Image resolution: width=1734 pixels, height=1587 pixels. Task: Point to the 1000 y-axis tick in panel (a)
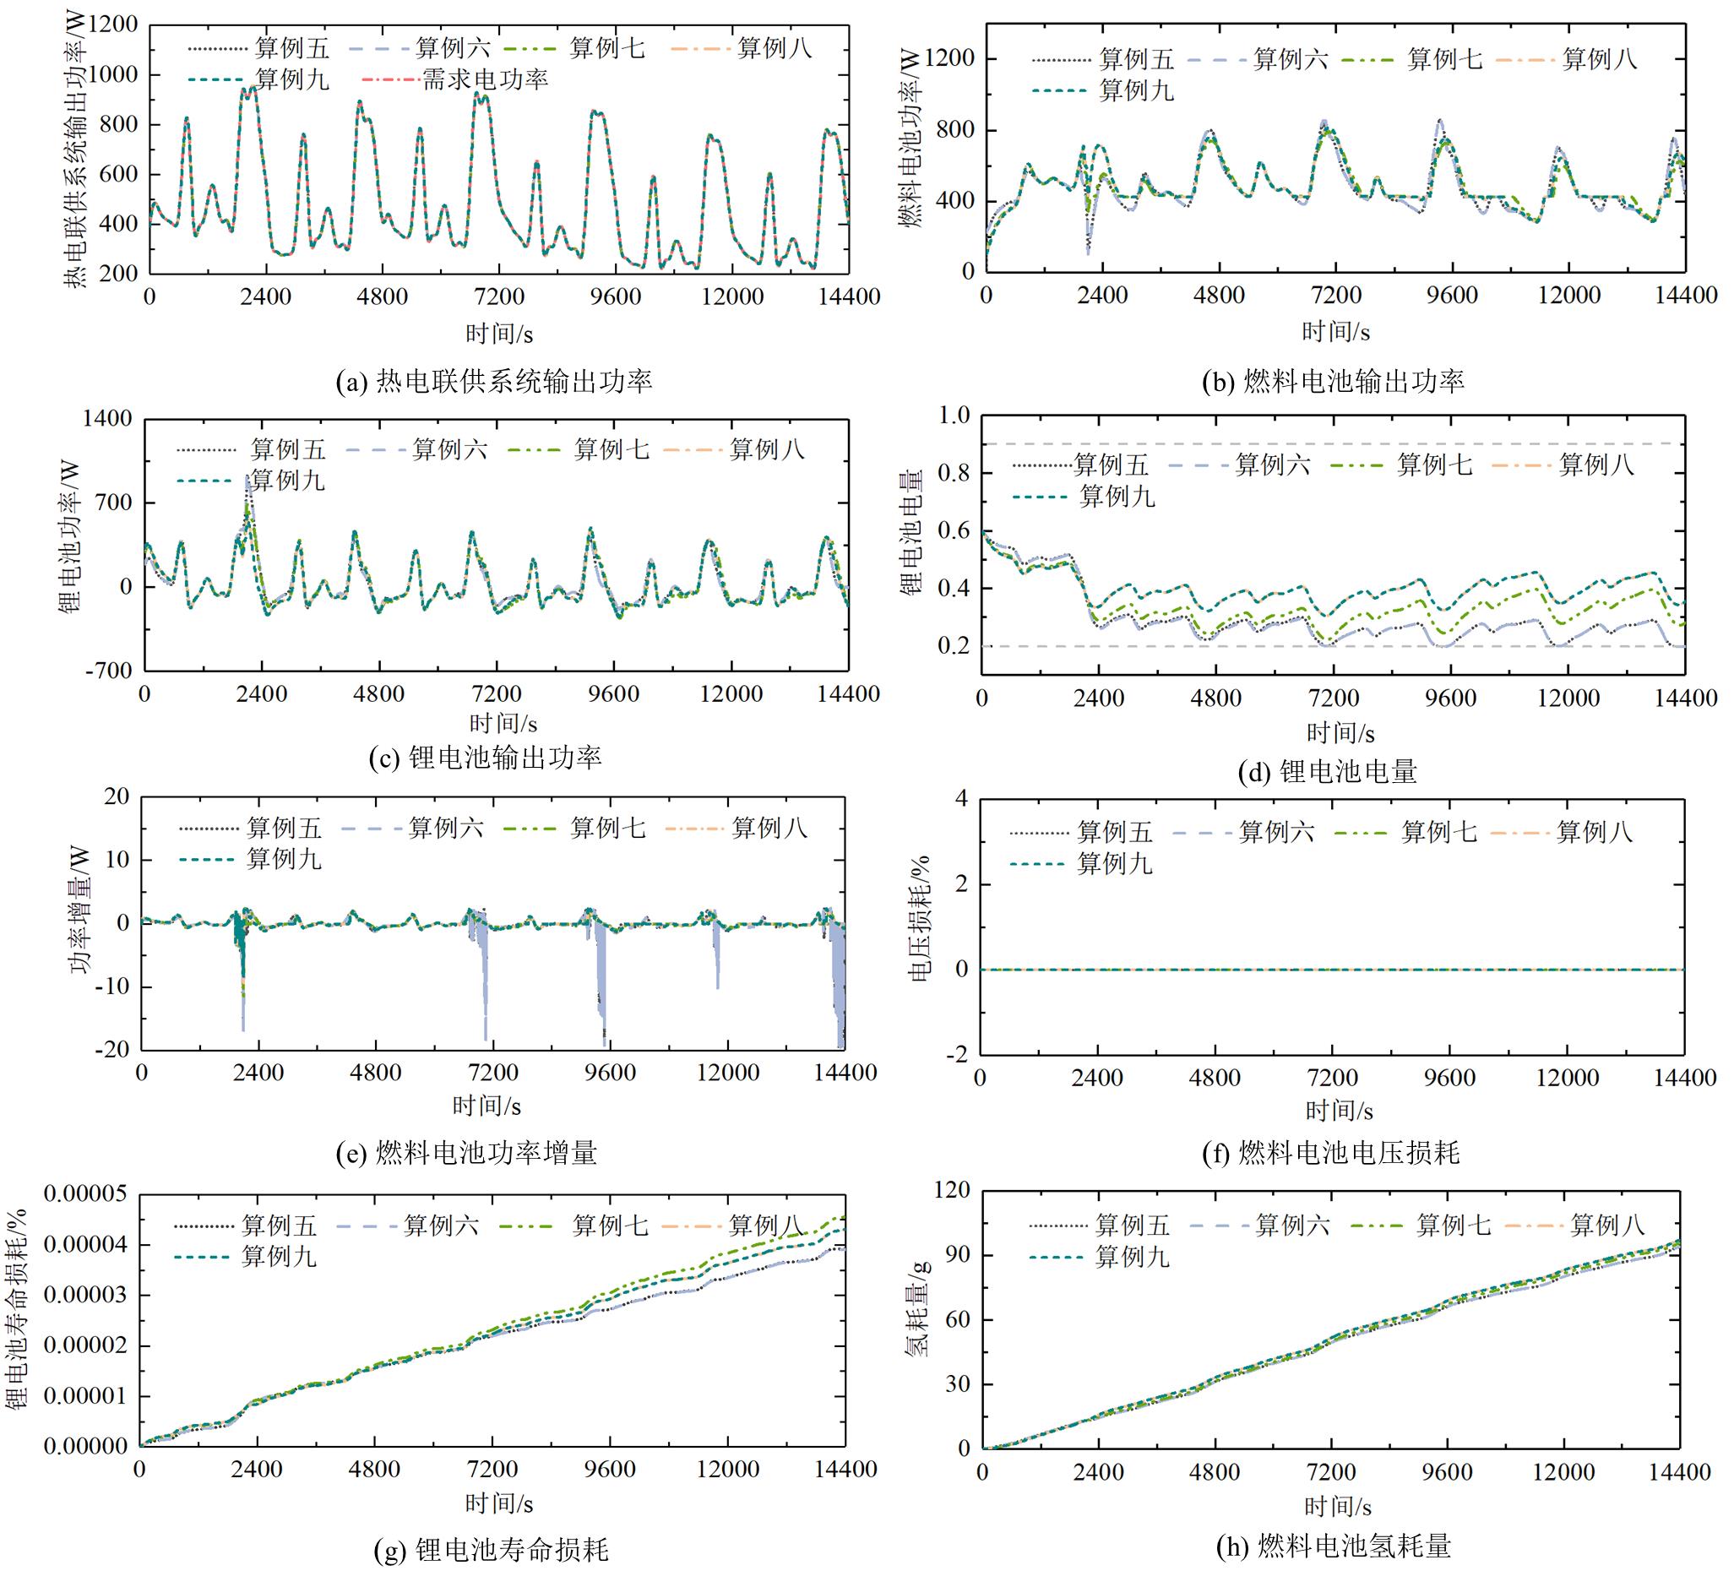click(x=109, y=75)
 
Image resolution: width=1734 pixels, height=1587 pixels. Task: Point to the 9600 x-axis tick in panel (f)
click(x=1449, y=1078)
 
